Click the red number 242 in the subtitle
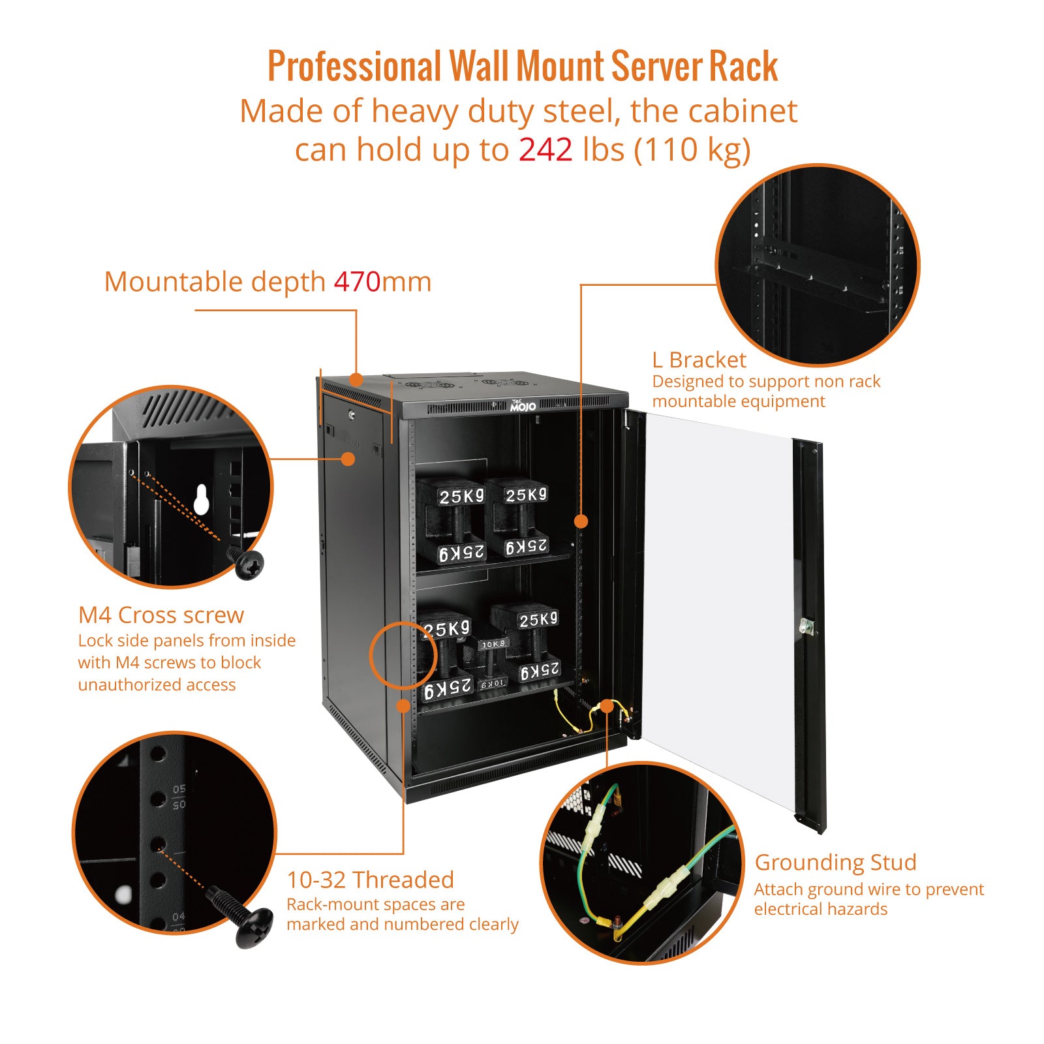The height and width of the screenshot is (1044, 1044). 545,150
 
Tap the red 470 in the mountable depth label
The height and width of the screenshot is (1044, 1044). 357,282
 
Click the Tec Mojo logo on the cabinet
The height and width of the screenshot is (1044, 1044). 523,406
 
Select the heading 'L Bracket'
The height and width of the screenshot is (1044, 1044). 699,360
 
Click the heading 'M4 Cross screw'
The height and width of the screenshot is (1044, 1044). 161,615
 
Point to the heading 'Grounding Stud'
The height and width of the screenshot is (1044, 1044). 835,863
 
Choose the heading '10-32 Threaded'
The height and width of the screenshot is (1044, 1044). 370,880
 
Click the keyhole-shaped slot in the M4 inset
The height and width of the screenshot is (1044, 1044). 202,499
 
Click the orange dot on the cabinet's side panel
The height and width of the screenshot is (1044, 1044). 348,459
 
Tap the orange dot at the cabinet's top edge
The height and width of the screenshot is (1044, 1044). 356,379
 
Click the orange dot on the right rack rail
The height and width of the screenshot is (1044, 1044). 581,521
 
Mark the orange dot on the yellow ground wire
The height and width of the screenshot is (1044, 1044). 607,706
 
